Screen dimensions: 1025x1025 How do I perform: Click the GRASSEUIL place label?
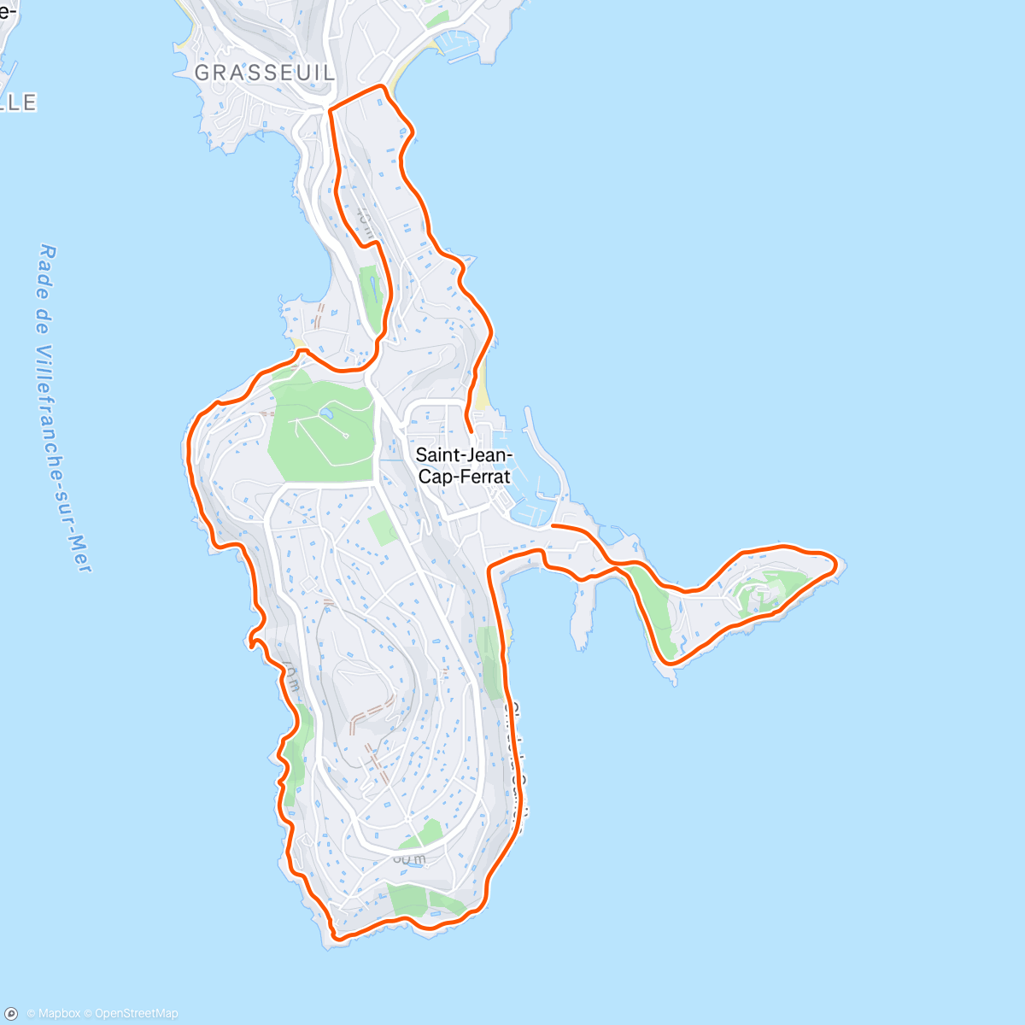click(x=265, y=73)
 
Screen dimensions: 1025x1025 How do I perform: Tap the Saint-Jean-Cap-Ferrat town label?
click(x=464, y=466)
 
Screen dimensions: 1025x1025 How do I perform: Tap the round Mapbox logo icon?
click(x=11, y=1014)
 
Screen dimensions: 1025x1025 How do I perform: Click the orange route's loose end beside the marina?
click(x=553, y=526)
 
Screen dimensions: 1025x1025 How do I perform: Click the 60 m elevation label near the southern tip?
click(x=409, y=858)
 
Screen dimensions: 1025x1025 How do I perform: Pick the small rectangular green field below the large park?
click(x=382, y=530)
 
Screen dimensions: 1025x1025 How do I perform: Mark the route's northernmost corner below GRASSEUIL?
click(x=382, y=87)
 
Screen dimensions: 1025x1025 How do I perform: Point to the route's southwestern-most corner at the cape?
click(x=335, y=937)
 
